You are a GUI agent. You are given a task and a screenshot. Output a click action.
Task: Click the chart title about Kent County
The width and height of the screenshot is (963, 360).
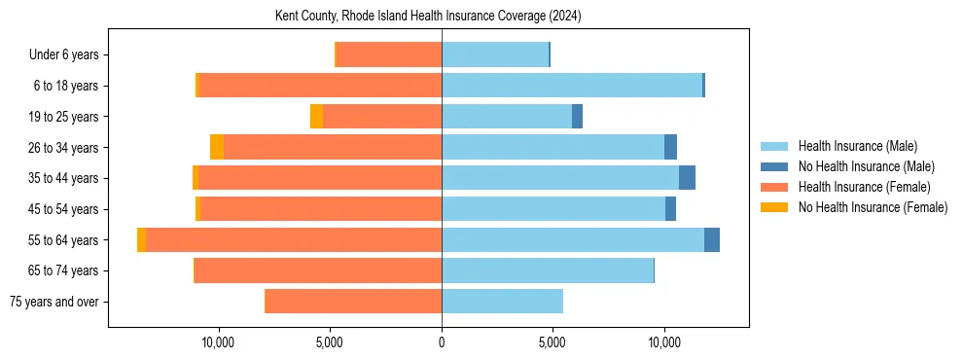click(443, 17)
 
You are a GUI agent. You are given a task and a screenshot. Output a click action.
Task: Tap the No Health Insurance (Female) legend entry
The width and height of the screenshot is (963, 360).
click(872, 207)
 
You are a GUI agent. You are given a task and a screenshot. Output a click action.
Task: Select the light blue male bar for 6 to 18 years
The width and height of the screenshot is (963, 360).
click(572, 86)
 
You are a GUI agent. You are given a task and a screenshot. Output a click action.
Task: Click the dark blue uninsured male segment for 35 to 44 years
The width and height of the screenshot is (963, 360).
click(687, 178)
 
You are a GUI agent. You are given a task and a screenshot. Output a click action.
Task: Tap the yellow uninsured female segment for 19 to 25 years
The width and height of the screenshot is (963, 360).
click(316, 117)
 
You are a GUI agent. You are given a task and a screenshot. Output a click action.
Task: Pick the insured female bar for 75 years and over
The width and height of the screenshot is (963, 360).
click(353, 302)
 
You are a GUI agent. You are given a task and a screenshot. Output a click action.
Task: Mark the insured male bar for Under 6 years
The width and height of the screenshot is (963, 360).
click(495, 55)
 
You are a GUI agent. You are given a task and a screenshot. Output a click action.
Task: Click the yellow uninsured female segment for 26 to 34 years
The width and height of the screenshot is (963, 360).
click(217, 147)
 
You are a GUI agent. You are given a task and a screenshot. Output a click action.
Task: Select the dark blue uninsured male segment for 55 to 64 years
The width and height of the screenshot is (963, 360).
click(712, 240)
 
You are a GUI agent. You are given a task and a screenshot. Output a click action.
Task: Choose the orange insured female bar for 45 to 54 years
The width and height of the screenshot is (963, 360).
click(320, 209)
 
